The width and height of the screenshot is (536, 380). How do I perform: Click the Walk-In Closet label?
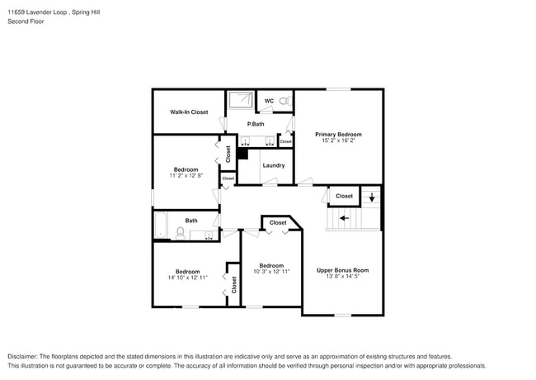(189, 112)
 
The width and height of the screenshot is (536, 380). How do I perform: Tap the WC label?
(269, 102)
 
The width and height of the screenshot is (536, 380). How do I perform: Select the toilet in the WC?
(284, 102)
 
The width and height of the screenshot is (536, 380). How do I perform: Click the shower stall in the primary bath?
(241, 100)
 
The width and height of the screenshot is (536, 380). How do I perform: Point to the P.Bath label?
(256, 124)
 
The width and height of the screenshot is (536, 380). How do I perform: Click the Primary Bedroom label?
(338, 134)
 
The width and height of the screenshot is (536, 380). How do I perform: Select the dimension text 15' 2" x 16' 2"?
(338, 140)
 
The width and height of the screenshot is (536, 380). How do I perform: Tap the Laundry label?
(274, 165)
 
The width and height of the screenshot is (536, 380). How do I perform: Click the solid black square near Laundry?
(242, 153)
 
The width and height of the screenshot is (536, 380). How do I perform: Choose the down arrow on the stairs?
(371, 197)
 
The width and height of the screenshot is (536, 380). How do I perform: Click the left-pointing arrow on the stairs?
(344, 218)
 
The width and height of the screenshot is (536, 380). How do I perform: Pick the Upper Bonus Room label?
(342, 270)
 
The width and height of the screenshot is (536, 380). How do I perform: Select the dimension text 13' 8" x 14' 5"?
(342, 277)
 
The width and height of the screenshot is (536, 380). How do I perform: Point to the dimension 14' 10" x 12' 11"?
(187, 278)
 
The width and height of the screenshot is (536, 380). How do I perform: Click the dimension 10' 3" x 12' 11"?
(272, 271)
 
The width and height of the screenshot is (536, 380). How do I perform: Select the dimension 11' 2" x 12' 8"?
(186, 175)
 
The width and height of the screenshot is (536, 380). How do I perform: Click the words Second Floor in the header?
(26, 21)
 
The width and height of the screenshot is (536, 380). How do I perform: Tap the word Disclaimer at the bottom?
(23, 356)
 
